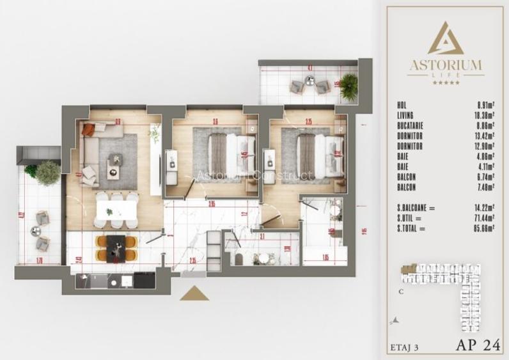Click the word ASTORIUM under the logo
pos(446,65)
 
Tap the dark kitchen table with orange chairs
pos(116,247)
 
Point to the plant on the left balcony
pos(47,171)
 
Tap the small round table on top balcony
pos(309,81)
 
